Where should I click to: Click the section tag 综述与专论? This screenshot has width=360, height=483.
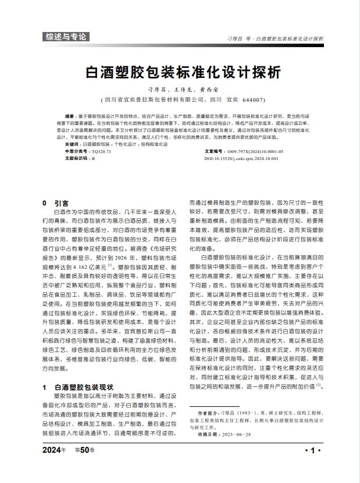coord(66,37)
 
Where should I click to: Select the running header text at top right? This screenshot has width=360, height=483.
coord(275,38)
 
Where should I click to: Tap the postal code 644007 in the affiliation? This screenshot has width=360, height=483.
coord(254,100)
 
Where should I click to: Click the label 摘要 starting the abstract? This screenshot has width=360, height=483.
coord(70,116)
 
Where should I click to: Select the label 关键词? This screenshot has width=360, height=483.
coord(73,144)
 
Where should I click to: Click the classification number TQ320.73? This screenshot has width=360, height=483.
coord(101,151)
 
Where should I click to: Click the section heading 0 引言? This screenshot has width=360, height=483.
coord(56,203)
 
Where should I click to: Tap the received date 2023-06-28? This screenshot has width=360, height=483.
coord(238,434)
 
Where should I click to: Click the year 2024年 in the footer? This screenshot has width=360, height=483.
coord(55,450)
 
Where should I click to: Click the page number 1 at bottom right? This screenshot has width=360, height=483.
coord(312,450)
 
